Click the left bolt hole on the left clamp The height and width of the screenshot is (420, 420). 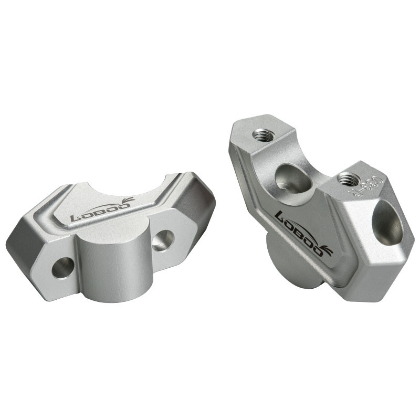[x=62, y=268]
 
